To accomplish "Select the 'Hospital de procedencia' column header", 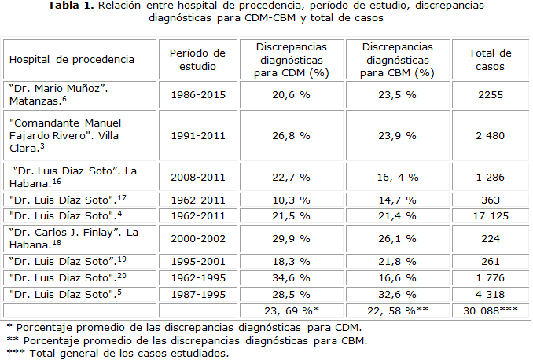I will pos(72,60).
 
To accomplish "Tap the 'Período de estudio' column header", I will pos(197,60).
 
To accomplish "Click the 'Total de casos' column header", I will pos(490,60).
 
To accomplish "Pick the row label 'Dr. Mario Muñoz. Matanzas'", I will pos(58,95).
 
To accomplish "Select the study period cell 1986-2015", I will pos(197,95).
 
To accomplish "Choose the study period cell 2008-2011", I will pos(197,177).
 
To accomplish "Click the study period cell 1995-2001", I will pos(197,261).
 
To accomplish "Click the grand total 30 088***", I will pos(490,310).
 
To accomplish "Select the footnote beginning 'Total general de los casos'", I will pos(118,353).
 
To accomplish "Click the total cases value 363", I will pos(490,200).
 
